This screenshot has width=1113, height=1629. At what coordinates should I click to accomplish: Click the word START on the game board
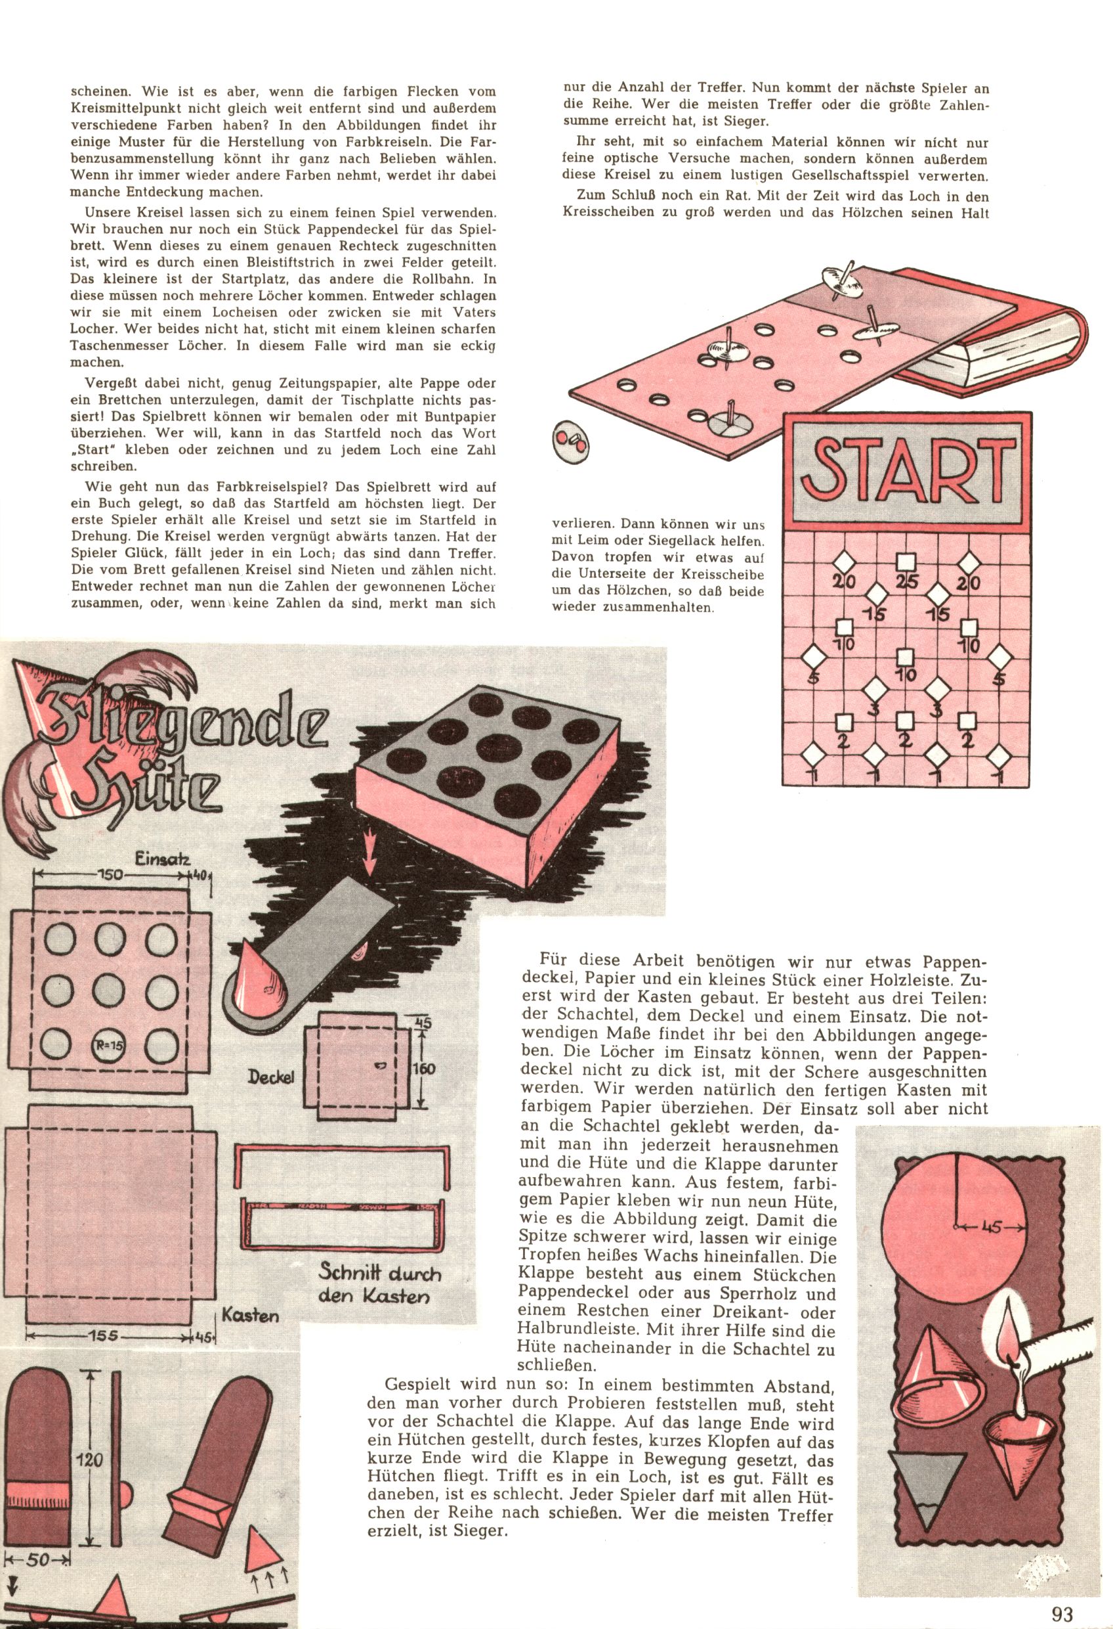point(909,469)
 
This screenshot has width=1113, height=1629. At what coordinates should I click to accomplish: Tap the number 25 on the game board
point(907,583)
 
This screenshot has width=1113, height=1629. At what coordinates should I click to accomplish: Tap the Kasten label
point(250,1315)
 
